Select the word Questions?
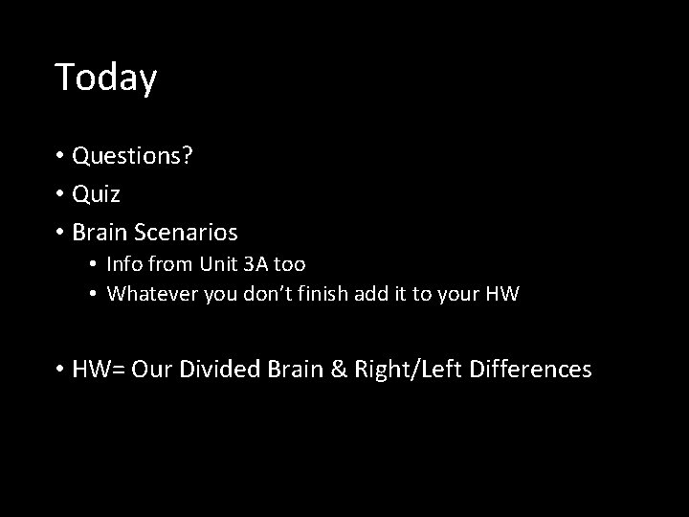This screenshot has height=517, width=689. tap(132, 156)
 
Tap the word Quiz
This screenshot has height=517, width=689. tap(96, 194)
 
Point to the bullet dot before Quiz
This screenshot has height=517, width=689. tap(60, 194)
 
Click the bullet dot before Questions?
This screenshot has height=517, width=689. tap(60, 156)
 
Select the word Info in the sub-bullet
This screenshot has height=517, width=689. tap(123, 263)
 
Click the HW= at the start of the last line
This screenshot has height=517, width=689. tap(100, 369)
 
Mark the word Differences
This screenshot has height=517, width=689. tap(531, 369)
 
